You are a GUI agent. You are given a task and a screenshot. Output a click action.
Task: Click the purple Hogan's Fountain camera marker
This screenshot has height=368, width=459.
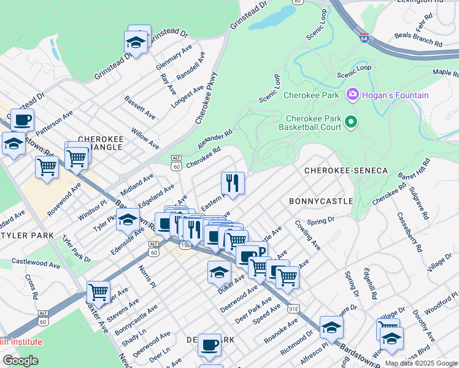353,95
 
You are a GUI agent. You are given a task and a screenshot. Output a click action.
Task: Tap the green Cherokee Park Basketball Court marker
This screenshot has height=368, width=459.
351,122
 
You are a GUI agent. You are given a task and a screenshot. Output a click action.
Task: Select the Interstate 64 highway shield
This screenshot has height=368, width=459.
364,38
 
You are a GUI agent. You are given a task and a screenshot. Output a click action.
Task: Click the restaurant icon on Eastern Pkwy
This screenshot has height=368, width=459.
233,182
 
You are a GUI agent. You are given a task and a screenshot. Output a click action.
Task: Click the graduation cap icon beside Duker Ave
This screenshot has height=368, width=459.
219,271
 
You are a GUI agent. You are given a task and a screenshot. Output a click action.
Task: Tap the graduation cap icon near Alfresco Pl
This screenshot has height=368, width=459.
331,327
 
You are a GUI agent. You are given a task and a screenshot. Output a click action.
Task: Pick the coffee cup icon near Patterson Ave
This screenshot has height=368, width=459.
22,119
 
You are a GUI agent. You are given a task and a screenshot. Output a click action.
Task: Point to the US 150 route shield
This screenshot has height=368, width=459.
183,245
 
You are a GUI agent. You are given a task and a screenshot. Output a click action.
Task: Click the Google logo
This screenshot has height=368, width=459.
21,360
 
